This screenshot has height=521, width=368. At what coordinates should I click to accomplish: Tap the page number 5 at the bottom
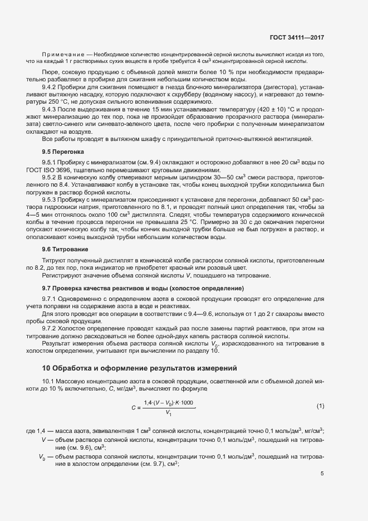322,474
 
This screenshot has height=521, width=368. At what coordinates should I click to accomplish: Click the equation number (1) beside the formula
320,406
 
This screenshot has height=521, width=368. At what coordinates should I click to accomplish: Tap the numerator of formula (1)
169,402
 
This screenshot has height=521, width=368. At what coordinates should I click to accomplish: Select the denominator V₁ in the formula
169,413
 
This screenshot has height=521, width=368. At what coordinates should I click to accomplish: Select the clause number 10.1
49,380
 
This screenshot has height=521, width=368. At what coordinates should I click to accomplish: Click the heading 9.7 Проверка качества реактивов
143,289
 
